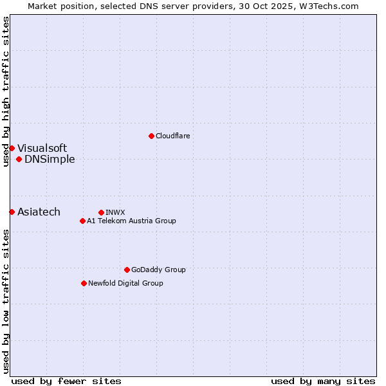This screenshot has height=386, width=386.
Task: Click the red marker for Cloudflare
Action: pos(151,136)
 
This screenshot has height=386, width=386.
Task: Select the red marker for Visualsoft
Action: pos(12,149)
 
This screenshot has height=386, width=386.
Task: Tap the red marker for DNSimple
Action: pos(19,160)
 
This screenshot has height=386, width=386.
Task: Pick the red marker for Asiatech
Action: pos(12,212)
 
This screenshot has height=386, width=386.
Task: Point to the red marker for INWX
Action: pos(102,212)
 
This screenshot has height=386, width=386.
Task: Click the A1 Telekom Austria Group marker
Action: pos(82,221)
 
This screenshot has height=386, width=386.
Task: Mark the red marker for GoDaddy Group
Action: pos(127,270)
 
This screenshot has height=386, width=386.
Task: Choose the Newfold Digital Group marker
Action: pos(84,284)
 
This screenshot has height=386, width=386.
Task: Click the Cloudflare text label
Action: pos(172,136)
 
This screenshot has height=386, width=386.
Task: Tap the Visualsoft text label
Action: pos(42,149)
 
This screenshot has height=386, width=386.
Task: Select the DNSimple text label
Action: pos(50,160)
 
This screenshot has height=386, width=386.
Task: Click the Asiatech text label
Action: pos(39,212)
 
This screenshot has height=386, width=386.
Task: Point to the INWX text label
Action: pos(115,212)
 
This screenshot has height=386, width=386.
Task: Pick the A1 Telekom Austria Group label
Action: pos(131,221)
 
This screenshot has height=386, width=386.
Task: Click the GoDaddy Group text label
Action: pos(158,270)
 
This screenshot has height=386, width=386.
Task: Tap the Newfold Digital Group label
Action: pos(125,284)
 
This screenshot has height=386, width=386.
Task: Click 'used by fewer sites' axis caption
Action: pos(66,381)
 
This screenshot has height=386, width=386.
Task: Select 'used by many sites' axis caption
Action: pos(323,381)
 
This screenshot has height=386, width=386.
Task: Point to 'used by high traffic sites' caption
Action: pos(6,91)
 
